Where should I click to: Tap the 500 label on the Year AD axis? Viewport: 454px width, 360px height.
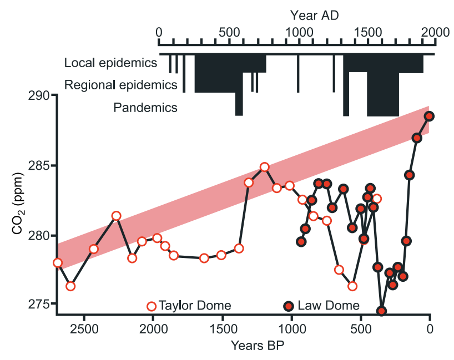click(229, 32)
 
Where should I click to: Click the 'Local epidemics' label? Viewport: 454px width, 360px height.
click(111, 63)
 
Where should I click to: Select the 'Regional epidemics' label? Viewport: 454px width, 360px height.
click(121, 85)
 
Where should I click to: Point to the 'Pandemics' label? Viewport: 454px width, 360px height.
click(145, 108)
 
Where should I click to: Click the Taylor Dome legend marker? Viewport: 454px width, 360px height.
click(152, 306)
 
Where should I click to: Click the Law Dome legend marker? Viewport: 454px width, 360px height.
click(289, 306)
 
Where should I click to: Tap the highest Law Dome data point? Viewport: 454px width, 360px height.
click(429, 116)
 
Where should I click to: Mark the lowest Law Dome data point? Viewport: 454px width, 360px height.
click(381, 311)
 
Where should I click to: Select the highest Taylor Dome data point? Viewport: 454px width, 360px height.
click(265, 167)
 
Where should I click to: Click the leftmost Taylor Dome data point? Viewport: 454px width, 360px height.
click(58, 262)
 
